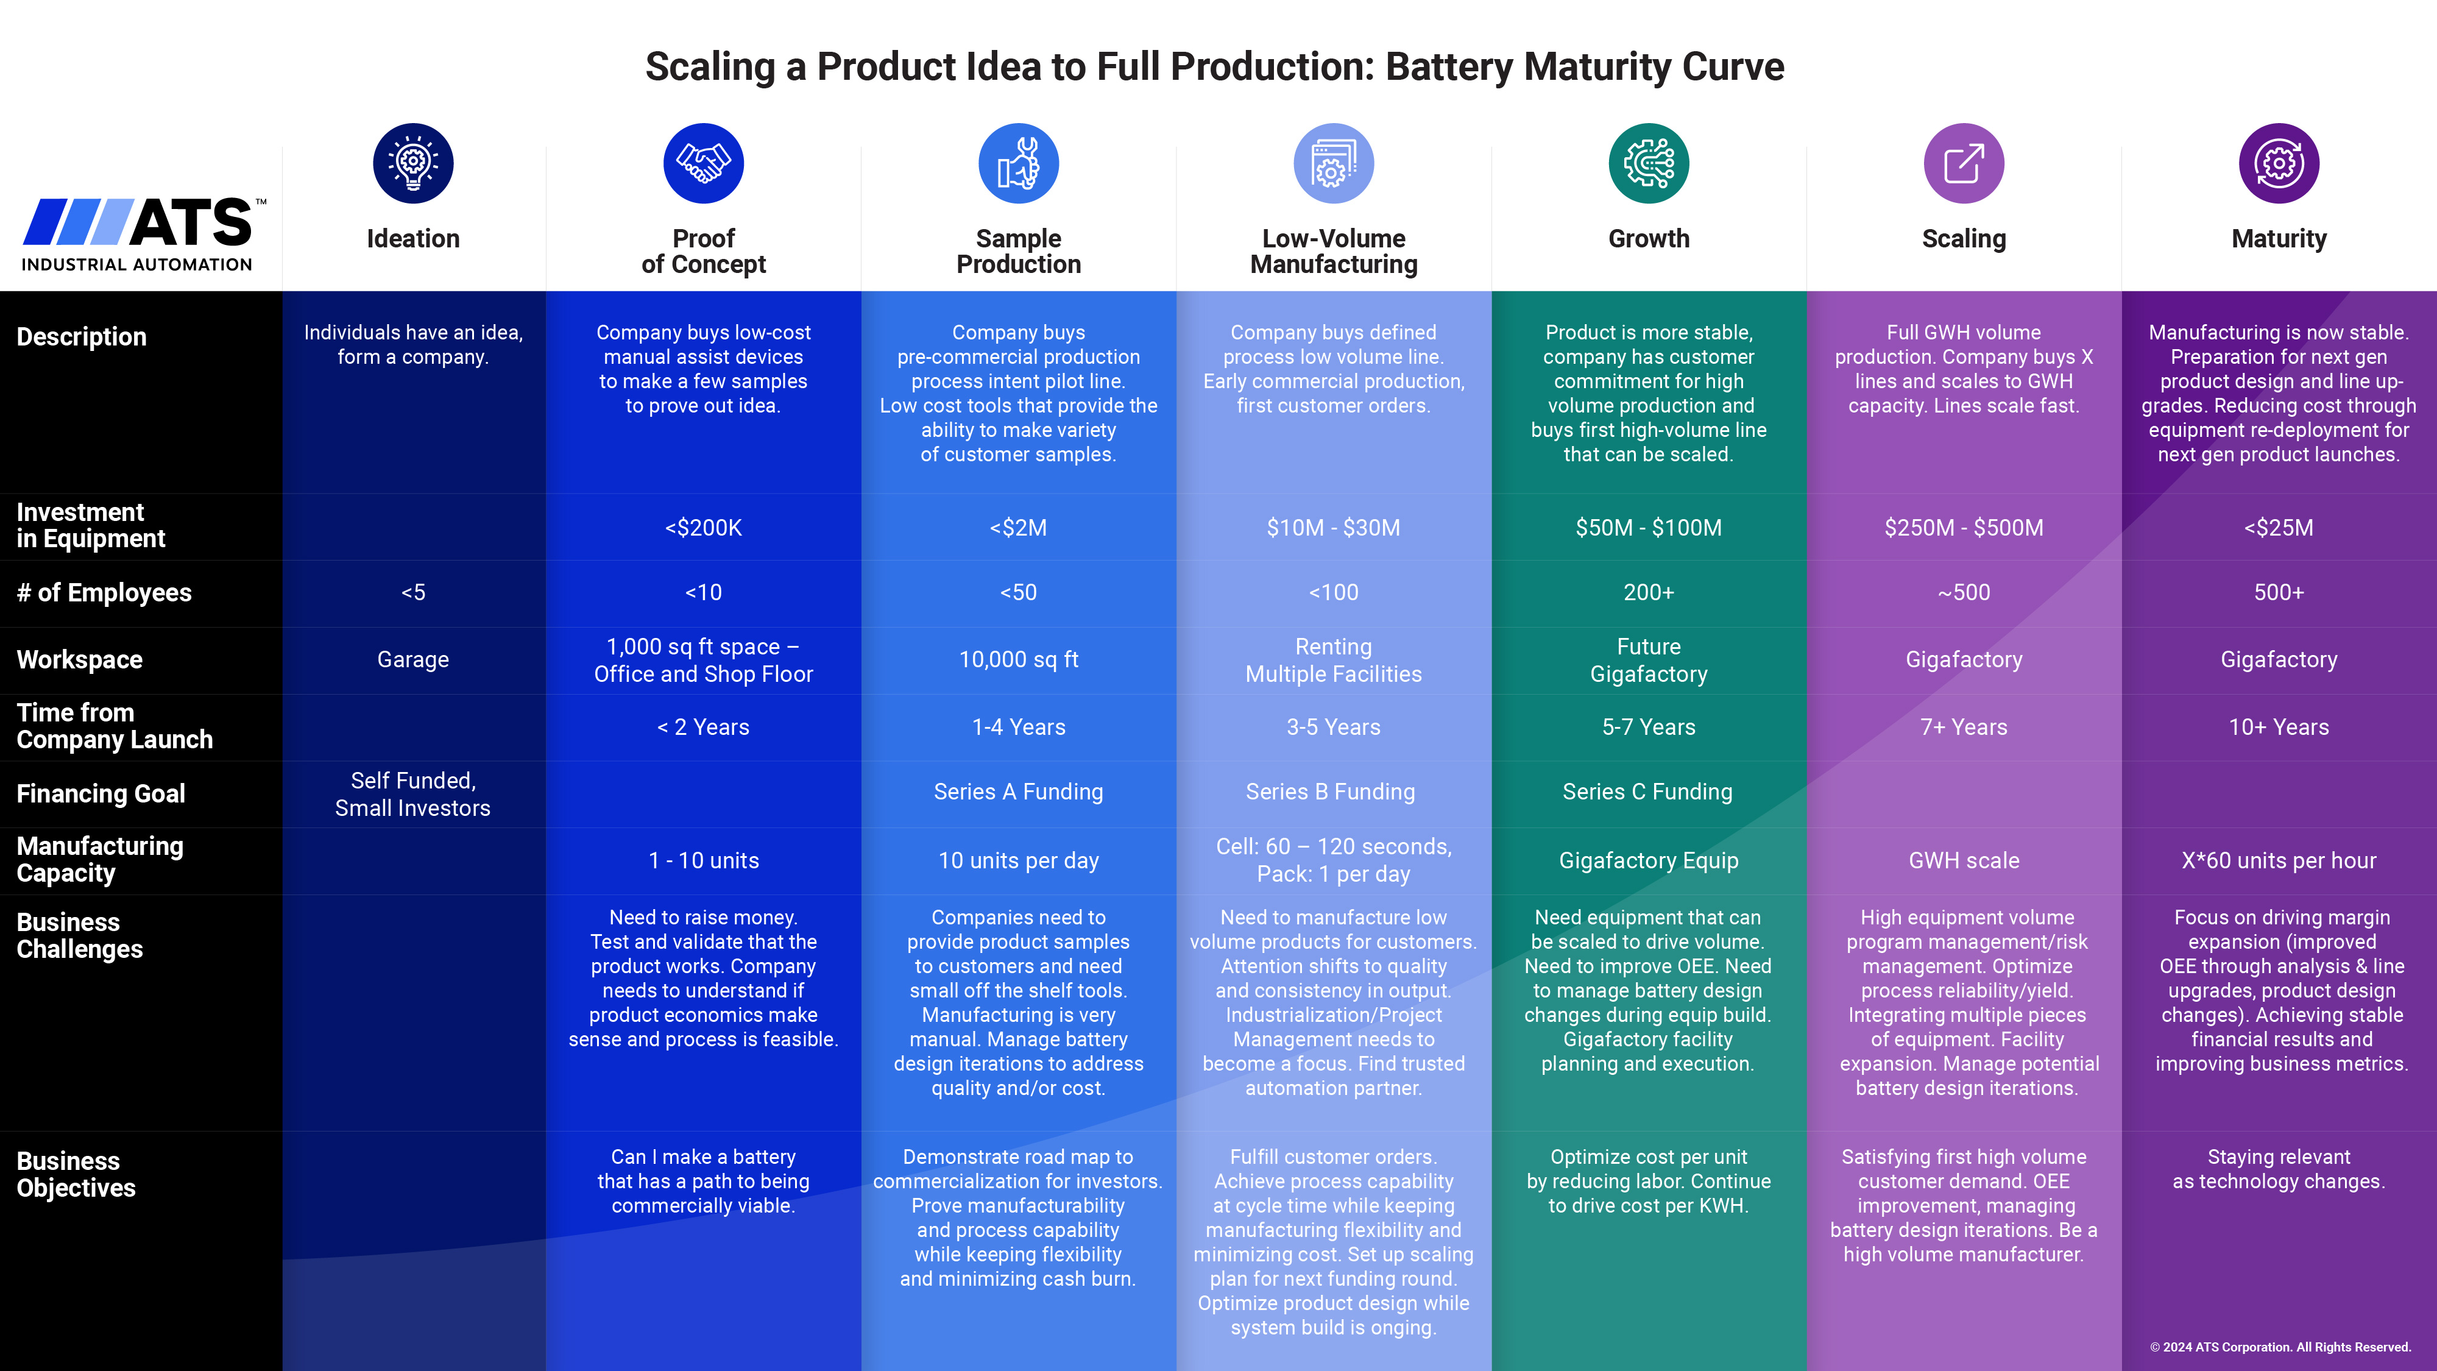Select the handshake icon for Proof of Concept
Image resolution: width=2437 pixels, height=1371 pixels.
click(703, 163)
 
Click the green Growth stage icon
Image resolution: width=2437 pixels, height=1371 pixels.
click(1648, 163)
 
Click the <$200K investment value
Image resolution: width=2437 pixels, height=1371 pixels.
click(703, 528)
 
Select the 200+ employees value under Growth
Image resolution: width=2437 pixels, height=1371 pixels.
click(1648, 592)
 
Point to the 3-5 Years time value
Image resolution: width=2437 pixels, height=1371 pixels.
click(1333, 727)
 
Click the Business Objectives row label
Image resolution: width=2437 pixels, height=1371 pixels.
click(76, 1174)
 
